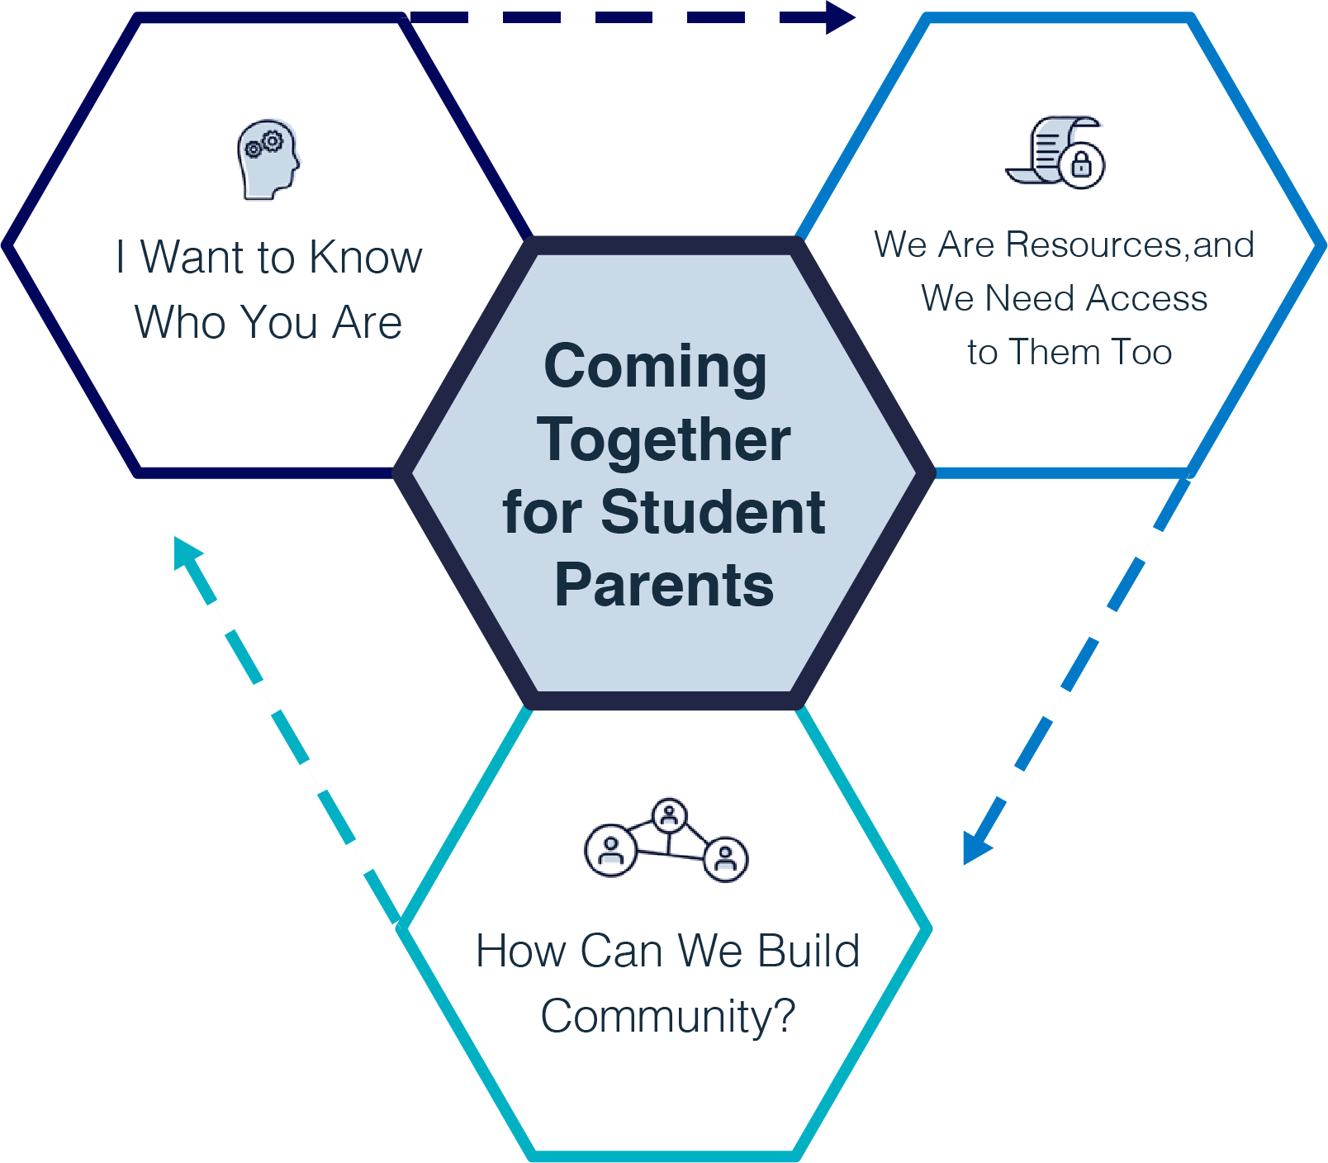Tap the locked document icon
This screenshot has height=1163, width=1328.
tap(1055, 153)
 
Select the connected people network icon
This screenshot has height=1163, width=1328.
tap(666, 840)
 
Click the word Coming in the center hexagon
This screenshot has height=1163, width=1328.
tap(656, 367)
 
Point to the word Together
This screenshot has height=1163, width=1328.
tap(664, 440)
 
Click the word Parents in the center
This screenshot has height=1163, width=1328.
tap(664, 586)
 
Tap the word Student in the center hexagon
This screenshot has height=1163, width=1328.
tap(713, 513)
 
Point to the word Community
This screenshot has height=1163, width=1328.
tap(666, 1017)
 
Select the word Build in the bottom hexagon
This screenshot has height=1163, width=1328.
tap(809, 952)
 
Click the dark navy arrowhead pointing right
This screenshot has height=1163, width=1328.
tap(840, 17)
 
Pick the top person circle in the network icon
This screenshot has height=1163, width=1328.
tap(669, 816)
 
